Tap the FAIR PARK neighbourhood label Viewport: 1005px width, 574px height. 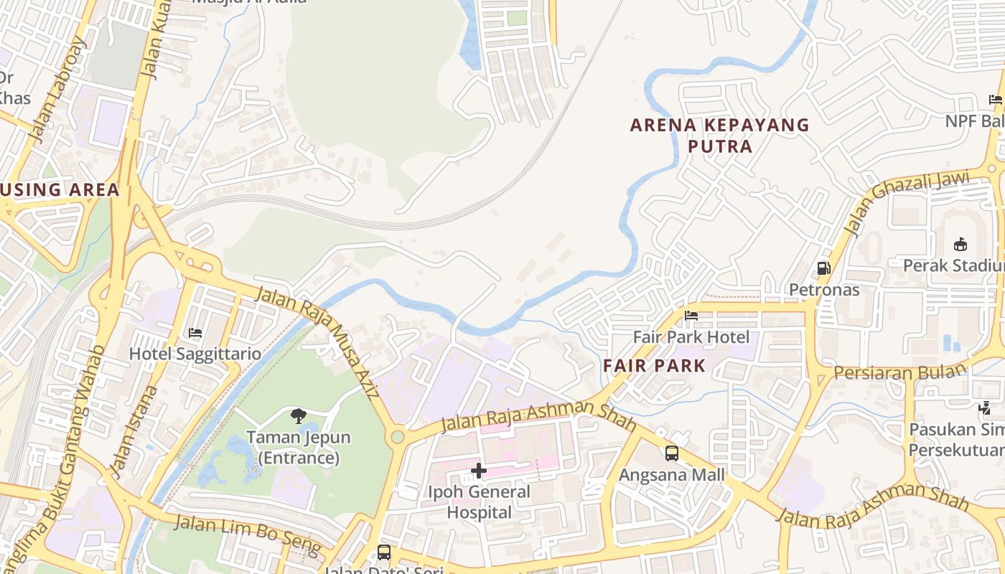[654, 365]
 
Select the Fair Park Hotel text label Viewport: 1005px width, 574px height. [691, 337]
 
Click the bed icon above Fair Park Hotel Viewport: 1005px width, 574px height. [691, 315]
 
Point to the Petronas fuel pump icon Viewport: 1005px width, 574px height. [823, 268]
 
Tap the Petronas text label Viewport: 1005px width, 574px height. [824, 290]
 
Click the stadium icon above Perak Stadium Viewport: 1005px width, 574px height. [960, 244]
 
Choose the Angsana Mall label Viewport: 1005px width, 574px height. [672, 475]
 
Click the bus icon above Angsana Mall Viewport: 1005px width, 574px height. [672, 453]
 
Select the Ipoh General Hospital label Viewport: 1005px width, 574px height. [479, 502]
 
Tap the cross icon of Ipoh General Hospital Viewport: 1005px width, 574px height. [479, 471]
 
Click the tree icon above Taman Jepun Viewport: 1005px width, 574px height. [299, 415]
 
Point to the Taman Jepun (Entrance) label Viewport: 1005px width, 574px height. [299, 447]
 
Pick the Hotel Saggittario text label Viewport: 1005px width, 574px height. [195, 354]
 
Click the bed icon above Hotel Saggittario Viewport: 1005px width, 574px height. [195, 332]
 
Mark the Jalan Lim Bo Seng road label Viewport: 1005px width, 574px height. [247, 535]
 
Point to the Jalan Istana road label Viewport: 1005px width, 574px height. [132, 431]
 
